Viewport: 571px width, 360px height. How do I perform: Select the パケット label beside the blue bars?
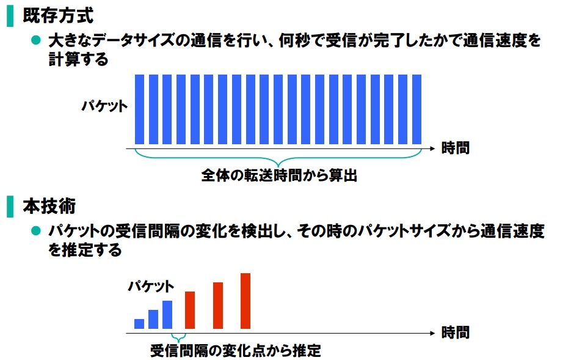[x=105, y=106]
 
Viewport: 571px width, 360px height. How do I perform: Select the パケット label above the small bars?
[x=151, y=285]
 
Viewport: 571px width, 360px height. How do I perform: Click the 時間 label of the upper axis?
[x=456, y=148]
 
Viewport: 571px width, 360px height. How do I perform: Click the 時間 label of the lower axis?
[x=456, y=333]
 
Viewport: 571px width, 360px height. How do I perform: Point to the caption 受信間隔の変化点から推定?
[x=235, y=351]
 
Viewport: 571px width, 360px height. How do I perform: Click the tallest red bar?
[x=245, y=301]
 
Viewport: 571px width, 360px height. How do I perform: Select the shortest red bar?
[x=190, y=310]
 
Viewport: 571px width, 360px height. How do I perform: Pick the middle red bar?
[x=218, y=306]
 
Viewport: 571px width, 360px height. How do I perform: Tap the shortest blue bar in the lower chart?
[x=139, y=324]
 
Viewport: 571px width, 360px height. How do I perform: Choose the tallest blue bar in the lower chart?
[x=167, y=315]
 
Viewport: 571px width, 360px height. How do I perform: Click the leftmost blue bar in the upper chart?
[x=139, y=108]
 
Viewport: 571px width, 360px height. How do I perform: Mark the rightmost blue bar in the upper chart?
[x=417, y=108]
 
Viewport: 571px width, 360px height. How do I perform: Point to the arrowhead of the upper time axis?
[x=432, y=148]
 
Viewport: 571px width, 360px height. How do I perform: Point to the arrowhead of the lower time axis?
[x=432, y=333]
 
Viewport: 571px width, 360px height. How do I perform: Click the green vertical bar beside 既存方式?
[x=10, y=15]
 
